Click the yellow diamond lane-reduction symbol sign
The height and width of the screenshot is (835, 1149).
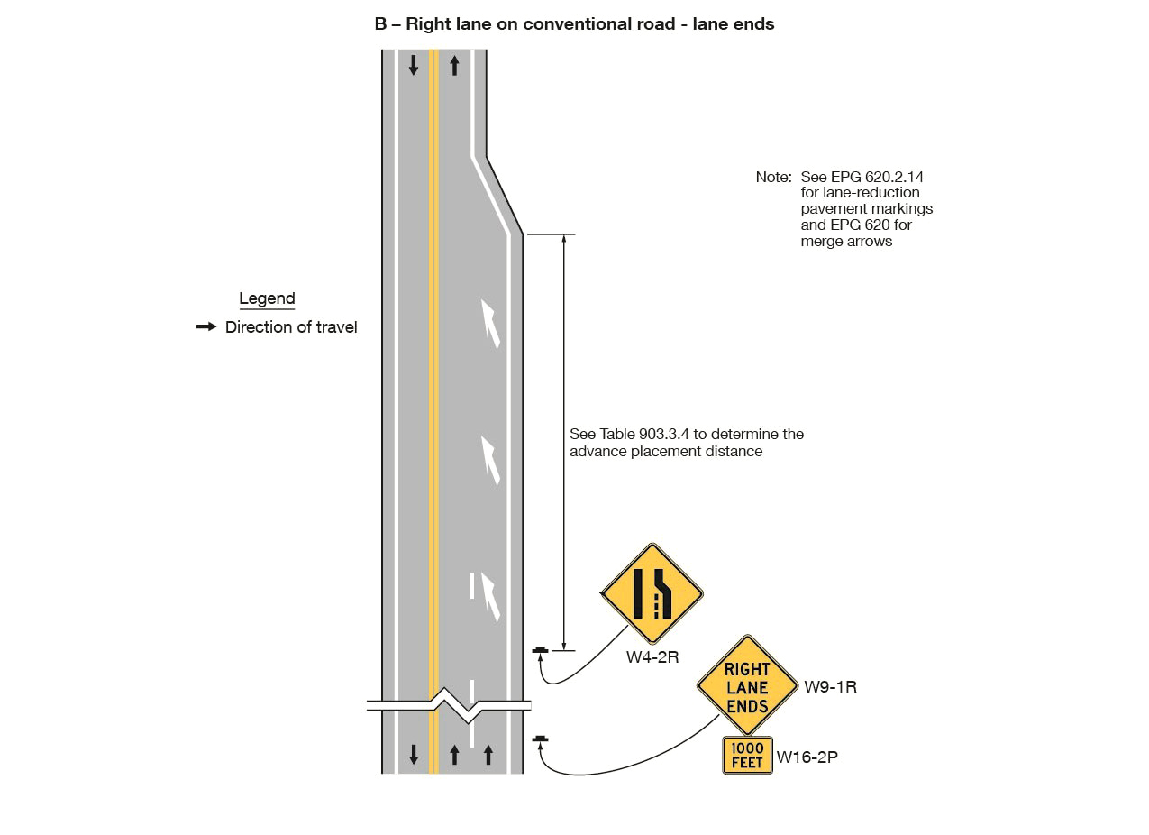tap(652, 593)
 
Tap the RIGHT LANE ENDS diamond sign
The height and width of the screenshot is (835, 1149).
tap(747, 686)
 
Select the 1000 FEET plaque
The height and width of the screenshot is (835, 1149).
tap(747, 756)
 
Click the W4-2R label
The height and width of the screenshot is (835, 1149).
tap(652, 657)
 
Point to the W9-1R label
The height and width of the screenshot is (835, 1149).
tap(830, 687)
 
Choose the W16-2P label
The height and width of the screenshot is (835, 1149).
tap(807, 757)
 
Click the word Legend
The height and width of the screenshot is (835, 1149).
tap(267, 298)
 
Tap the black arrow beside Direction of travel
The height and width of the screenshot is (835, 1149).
tap(206, 326)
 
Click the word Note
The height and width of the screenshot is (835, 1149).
tap(772, 178)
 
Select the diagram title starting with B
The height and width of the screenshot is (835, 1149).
tap(574, 24)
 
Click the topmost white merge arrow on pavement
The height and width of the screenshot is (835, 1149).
tap(490, 324)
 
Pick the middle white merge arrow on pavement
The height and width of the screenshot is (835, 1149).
tap(490, 460)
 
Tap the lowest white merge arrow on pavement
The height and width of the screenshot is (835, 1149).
tap(490, 596)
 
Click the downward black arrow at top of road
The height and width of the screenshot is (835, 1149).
tap(414, 65)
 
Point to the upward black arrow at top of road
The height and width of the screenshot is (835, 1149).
tap(454, 65)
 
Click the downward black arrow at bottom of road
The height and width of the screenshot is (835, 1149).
tap(414, 754)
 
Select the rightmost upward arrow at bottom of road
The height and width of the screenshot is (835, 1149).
tap(488, 754)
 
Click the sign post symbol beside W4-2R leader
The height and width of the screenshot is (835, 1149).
tap(540, 649)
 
